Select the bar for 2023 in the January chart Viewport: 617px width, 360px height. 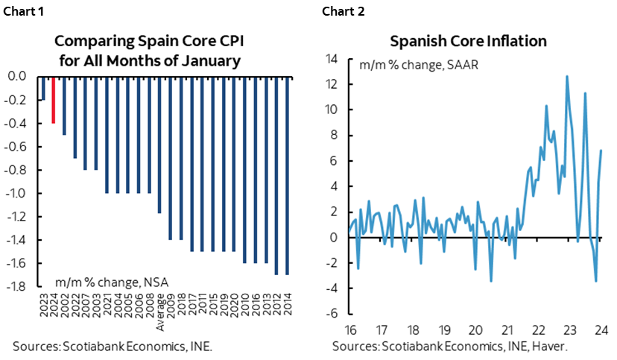pyautogui.click(x=42, y=88)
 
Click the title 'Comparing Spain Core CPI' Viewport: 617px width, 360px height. pyautogui.click(x=148, y=41)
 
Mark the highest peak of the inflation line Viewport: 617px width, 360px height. pyautogui.click(x=567, y=76)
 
